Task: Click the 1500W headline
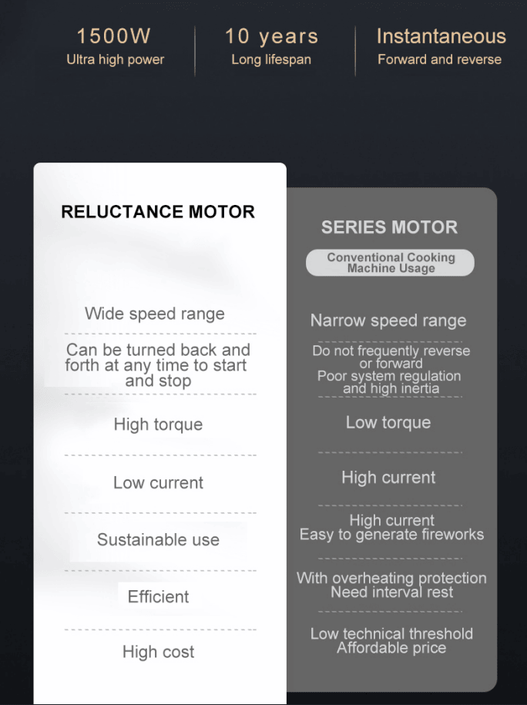click(114, 36)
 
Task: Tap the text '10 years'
click(272, 36)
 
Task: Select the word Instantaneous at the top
click(441, 36)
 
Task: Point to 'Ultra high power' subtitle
click(115, 59)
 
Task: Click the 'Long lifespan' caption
click(271, 59)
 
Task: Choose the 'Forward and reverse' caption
click(439, 59)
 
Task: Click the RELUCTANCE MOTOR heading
click(158, 212)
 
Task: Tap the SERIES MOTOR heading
click(389, 227)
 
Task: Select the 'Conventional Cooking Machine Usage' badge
click(391, 263)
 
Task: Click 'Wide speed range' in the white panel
click(155, 314)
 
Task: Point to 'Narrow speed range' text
click(388, 321)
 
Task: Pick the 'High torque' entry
click(158, 424)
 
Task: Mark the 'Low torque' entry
click(388, 422)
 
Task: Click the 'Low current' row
click(158, 482)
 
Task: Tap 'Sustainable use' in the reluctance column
click(158, 539)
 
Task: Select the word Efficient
click(158, 596)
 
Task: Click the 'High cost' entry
click(158, 652)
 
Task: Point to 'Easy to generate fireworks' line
click(391, 535)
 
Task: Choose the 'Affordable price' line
click(391, 648)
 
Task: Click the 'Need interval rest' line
click(391, 593)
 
